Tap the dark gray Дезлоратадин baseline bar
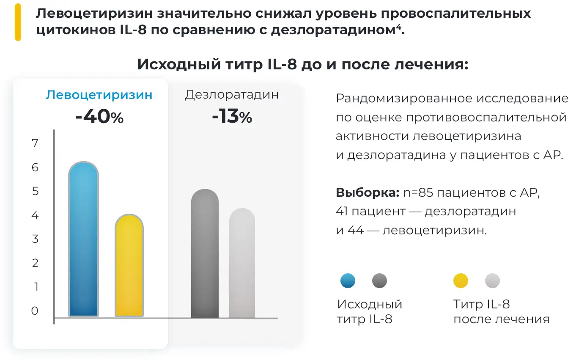click(205, 254)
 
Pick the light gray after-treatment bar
click(242, 263)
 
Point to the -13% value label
click(232, 117)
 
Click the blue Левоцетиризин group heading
click(99, 95)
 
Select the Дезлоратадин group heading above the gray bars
click(232, 94)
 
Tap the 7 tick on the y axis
click(35, 143)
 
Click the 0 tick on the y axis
click(35, 311)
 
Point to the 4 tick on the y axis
click(35, 215)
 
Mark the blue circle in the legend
click(348, 280)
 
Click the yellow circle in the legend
click(461, 280)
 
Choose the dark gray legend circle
click(379, 280)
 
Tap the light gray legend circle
click(492, 280)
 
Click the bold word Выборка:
click(368, 193)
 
